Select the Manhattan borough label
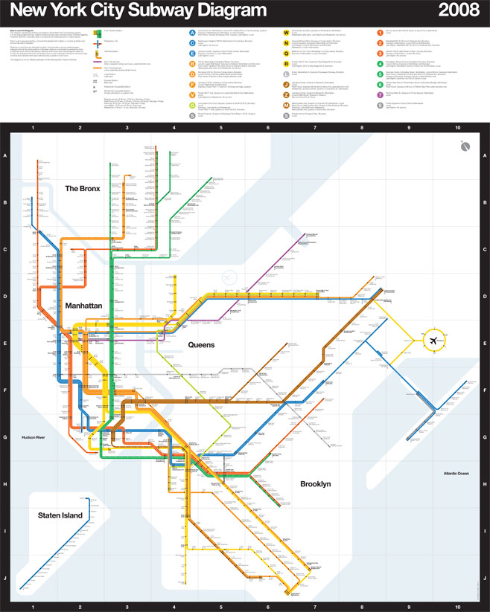point(83,306)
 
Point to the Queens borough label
point(201,345)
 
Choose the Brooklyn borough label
point(315,484)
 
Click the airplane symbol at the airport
point(433,340)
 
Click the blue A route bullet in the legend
point(192,32)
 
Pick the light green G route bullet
point(192,105)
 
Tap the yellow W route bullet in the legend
point(287,32)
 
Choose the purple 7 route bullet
point(381,94)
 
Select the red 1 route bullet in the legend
point(381,32)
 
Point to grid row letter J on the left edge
point(5,577)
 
